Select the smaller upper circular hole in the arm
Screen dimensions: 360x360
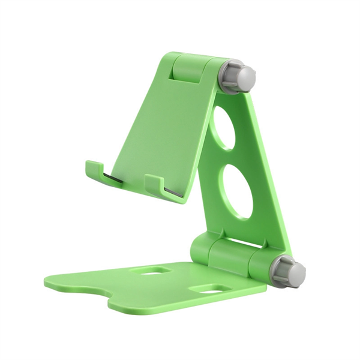pyautogui.click(x=224, y=128)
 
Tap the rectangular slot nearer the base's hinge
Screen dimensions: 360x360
pyautogui.click(x=154, y=271)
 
